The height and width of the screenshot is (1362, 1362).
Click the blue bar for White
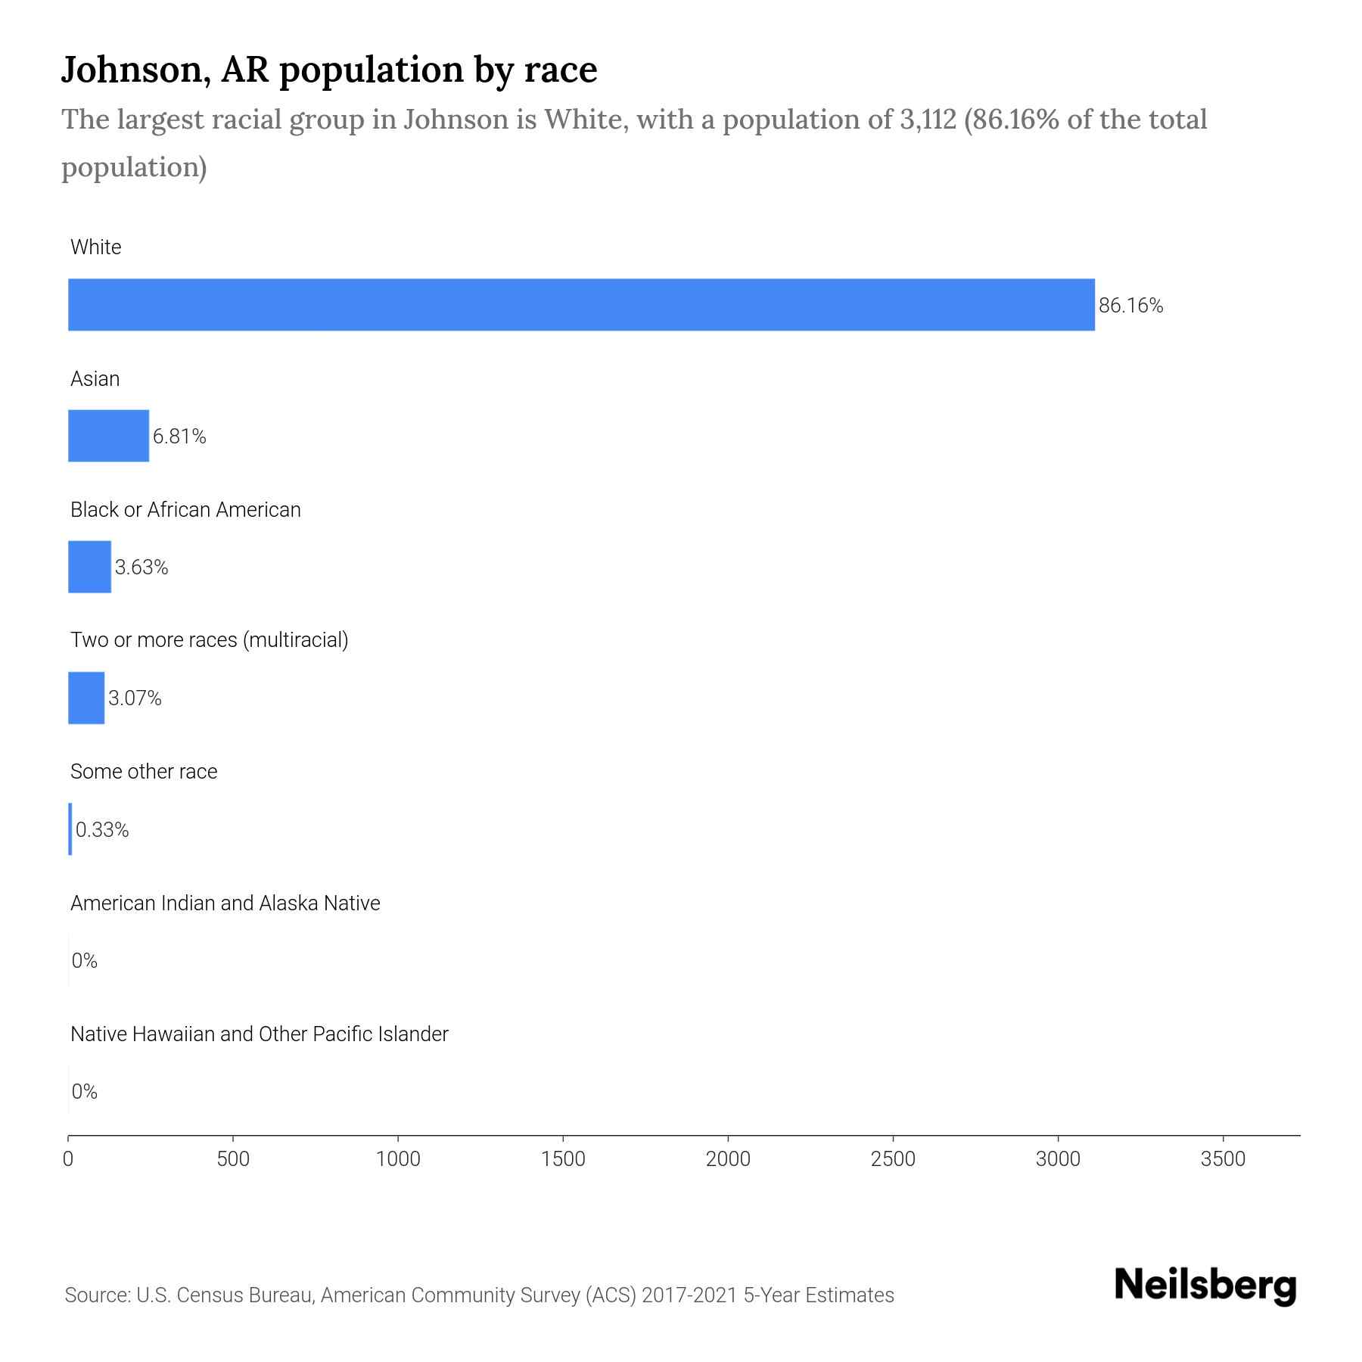pyautogui.click(x=581, y=304)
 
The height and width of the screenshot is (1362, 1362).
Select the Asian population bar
pyautogui.click(x=108, y=436)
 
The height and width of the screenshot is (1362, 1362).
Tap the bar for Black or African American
pyautogui.click(x=89, y=567)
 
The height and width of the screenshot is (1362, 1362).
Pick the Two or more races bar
pyautogui.click(x=86, y=698)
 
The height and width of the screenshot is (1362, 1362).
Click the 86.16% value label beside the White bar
pyautogui.click(x=1130, y=306)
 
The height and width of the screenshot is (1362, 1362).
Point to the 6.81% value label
pyautogui.click(x=179, y=437)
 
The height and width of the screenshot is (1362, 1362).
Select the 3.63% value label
pyautogui.click(x=141, y=567)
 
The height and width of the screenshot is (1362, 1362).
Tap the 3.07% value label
pyautogui.click(x=135, y=698)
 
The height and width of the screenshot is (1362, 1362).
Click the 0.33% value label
pyautogui.click(x=102, y=830)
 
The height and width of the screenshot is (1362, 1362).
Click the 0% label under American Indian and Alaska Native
pyautogui.click(x=85, y=961)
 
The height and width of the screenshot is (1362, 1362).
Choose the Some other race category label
pyautogui.click(x=144, y=772)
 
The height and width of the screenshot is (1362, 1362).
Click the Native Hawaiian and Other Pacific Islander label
pyautogui.click(x=259, y=1034)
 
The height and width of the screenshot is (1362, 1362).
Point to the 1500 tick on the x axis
pyautogui.click(x=563, y=1159)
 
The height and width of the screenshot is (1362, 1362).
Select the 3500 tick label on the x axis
pyautogui.click(x=1223, y=1159)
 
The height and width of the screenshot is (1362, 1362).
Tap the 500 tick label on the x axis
pyautogui.click(x=233, y=1159)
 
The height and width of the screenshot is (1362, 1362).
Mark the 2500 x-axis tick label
pyautogui.click(x=893, y=1159)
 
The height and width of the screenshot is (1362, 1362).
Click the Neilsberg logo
pyautogui.click(x=1205, y=1286)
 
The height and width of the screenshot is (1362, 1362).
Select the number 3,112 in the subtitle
pyautogui.click(x=928, y=120)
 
